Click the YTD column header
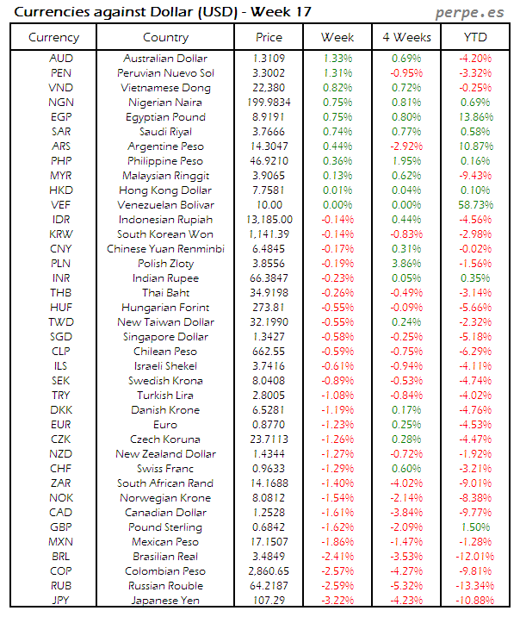(x=474, y=37)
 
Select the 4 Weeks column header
(x=405, y=37)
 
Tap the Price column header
(x=269, y=37)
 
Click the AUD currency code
(x=60, y=58)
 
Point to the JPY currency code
(x=60, y=601)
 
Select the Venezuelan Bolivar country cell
(x=165, y=205)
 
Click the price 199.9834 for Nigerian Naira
(x=269, y=102)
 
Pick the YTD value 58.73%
(x=474, y=205)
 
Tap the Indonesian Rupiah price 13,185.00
(x=269, y=220)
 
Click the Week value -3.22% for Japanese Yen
(x=337, y=601)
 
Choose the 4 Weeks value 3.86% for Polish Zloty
(x=405, y=264)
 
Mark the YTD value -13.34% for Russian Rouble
(x=474, y=586)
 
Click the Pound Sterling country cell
(x=165, y=527)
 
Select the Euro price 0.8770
(x=269, y=425)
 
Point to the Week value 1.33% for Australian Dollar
(x=337, y=58)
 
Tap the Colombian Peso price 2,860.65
(x=269, y=571)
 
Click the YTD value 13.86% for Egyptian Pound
(x=474, y=116)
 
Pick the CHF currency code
(x=60, y=469)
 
